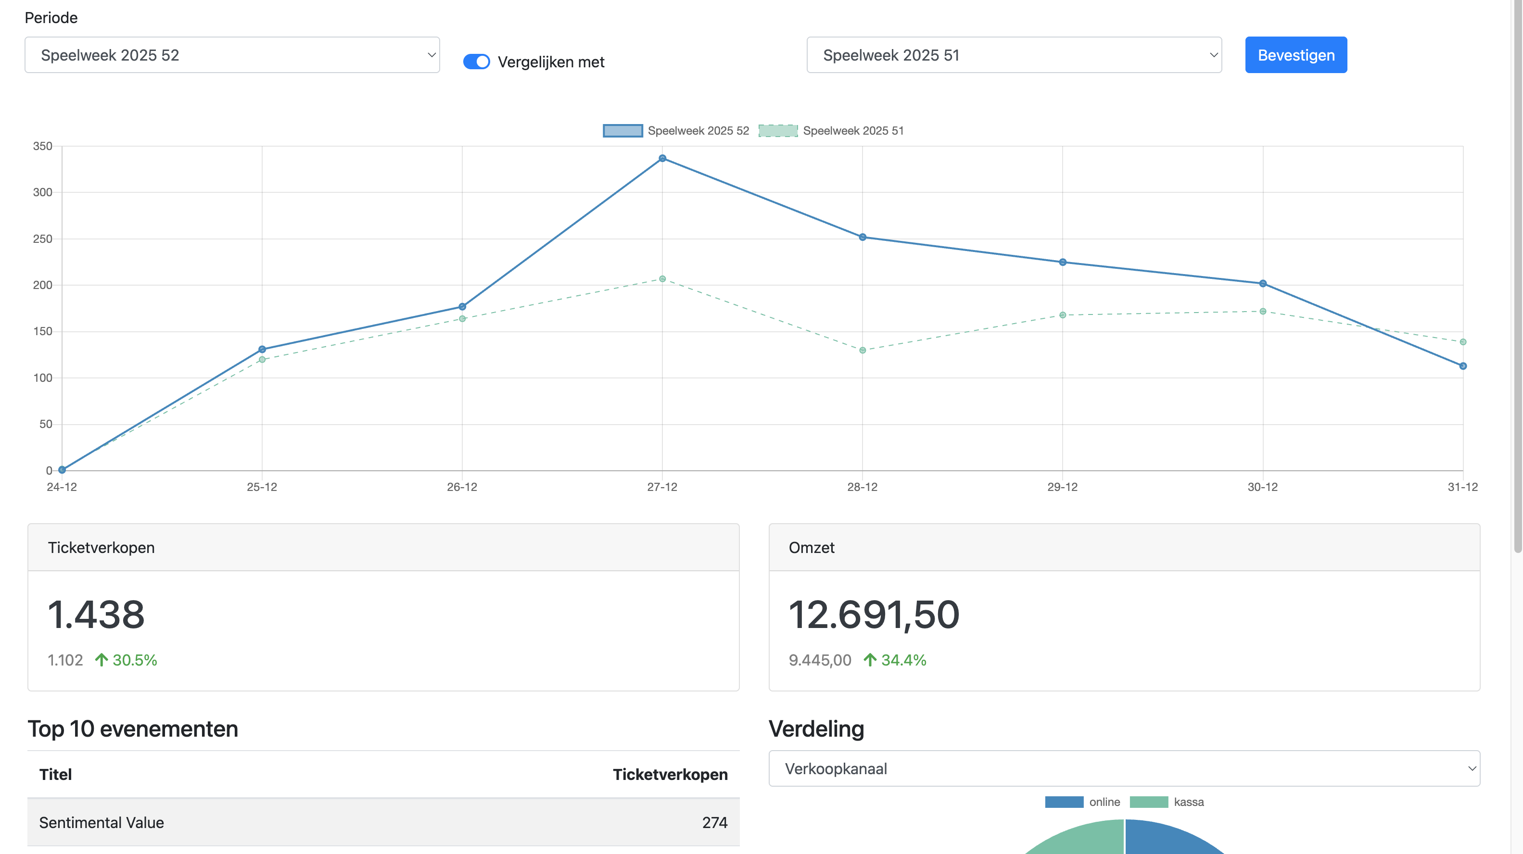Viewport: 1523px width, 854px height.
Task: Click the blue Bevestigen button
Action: pos(1295,55)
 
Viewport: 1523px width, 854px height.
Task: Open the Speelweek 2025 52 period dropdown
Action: pos(232,55)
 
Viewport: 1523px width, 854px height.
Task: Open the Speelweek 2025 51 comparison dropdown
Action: pos(1014,55)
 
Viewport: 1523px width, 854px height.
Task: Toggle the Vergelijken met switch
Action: pos(476,62)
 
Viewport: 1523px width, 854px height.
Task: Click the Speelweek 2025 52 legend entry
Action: pos(676,131)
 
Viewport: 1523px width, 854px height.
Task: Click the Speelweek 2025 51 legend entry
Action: pos(831,131)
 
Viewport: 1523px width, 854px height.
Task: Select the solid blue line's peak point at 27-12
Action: pos(662,158)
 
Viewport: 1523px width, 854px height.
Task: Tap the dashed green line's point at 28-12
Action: pos(862,351)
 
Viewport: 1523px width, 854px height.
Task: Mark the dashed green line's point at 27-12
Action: pos(662,279)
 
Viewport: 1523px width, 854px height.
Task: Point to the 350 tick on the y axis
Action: pos(42,146)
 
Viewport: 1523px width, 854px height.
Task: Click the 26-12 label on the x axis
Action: pos(462,487)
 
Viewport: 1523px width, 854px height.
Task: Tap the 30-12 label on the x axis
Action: pos(1262,487)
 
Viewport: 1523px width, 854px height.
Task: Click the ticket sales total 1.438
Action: pos(96,615)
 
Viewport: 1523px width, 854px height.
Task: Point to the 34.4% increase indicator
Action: pos(895,660)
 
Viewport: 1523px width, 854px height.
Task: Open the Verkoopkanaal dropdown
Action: pos(1124,768)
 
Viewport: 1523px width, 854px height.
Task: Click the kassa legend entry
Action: pos(1167,802)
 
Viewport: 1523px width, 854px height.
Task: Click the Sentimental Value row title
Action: pos(102,823)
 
